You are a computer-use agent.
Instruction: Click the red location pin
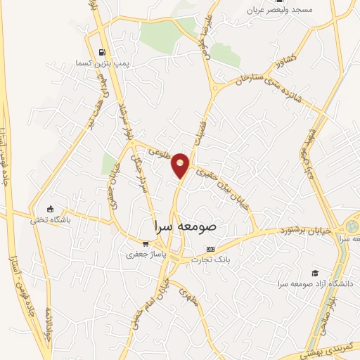point(181,165)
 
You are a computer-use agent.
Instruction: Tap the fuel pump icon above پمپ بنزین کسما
point(103,52)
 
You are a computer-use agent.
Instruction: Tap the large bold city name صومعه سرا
point(196,228)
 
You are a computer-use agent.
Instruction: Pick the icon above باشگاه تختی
point(50,209)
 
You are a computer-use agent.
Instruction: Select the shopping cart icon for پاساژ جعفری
point(146,243)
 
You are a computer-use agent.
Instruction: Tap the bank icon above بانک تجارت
point(210,250)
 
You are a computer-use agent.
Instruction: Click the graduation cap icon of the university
point(315,273)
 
